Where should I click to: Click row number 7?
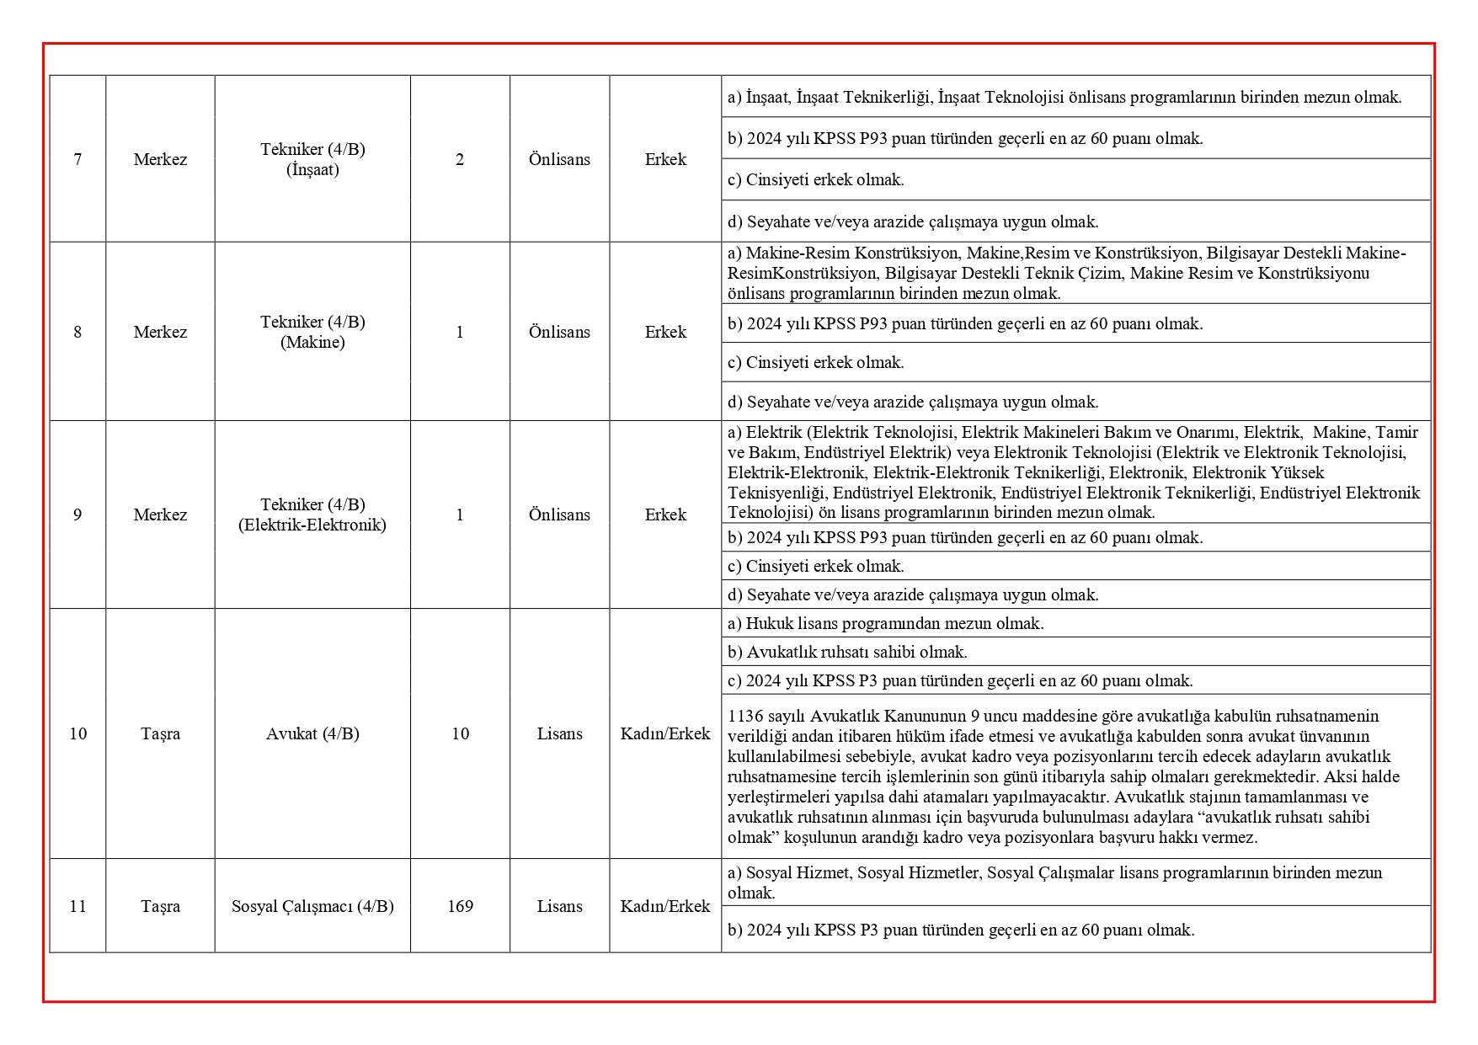[77, 159]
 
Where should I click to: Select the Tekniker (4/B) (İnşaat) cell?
[312, 159]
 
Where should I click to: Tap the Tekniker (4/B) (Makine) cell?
[312, 332]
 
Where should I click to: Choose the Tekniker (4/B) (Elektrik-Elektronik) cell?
[312, 515]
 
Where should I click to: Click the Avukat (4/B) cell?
[312, 733]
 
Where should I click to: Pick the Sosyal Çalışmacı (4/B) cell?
[312, 906]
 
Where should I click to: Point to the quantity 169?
[460, 906]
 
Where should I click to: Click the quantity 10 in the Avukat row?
[460, 733]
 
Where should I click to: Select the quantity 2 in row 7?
[460, 159]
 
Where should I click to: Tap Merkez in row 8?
[160, 332]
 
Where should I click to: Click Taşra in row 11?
[160, 906]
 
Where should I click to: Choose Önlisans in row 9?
[559, 515]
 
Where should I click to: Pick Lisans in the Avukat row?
[559, 733]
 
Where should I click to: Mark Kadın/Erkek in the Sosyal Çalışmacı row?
[665, 906]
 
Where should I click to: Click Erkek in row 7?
[665, 159]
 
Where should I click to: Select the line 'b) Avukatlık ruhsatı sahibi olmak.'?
[847, 652]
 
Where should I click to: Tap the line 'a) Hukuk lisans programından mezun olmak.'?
[885, 623]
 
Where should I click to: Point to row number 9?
[77, 515]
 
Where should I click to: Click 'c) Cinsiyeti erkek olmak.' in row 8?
[815, 362]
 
